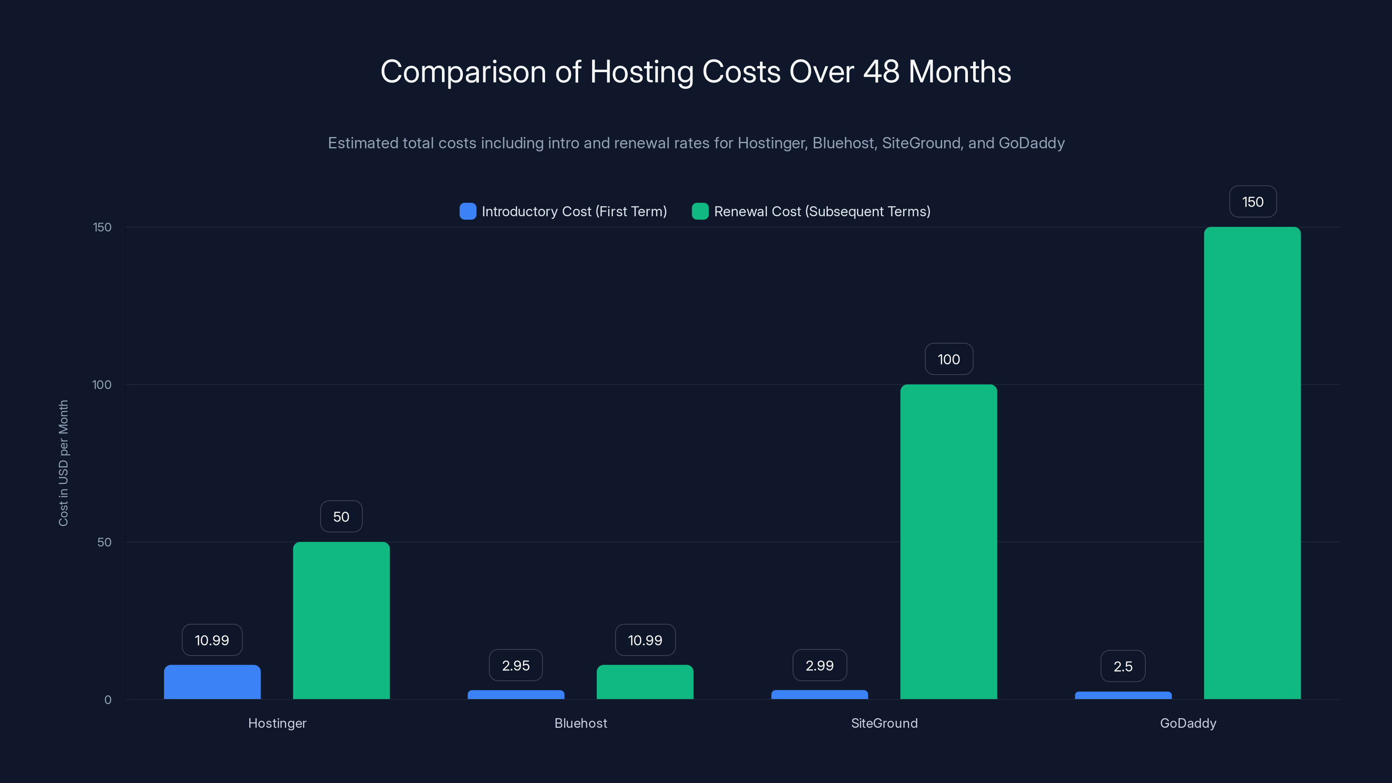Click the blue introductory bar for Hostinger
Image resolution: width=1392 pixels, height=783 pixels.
212,682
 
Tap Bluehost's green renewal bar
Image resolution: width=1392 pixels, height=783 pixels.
645,682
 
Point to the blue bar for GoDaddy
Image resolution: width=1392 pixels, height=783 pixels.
1123,695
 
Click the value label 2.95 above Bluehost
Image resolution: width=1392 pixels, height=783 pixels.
515,665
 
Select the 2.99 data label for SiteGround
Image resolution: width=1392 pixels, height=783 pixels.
819,665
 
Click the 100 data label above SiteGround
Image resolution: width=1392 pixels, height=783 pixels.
948,359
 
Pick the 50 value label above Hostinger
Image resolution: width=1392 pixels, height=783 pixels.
341,517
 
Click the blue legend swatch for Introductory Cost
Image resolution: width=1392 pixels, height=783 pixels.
468,211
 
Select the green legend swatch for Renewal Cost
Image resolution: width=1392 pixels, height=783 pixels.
700,211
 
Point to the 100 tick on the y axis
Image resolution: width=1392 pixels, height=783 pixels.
102,385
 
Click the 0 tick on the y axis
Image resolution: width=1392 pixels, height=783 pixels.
107,700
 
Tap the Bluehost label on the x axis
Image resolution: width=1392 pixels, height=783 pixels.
580,723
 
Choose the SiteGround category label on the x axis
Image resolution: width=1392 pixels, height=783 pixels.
884,723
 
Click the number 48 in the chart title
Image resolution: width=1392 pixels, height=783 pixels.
881,72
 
